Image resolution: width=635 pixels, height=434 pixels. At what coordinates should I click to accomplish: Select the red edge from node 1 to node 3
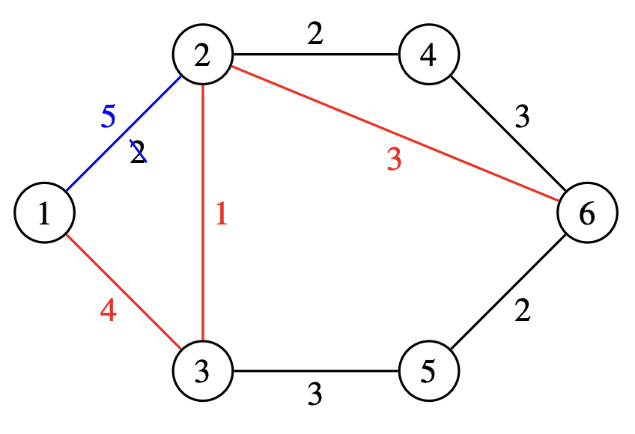[124, 292]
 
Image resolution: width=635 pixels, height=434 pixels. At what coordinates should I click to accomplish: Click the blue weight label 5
[109, 117]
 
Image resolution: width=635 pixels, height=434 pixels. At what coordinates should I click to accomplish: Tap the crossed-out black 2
[138, 154]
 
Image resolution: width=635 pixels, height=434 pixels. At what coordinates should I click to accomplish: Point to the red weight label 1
[221, 216]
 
